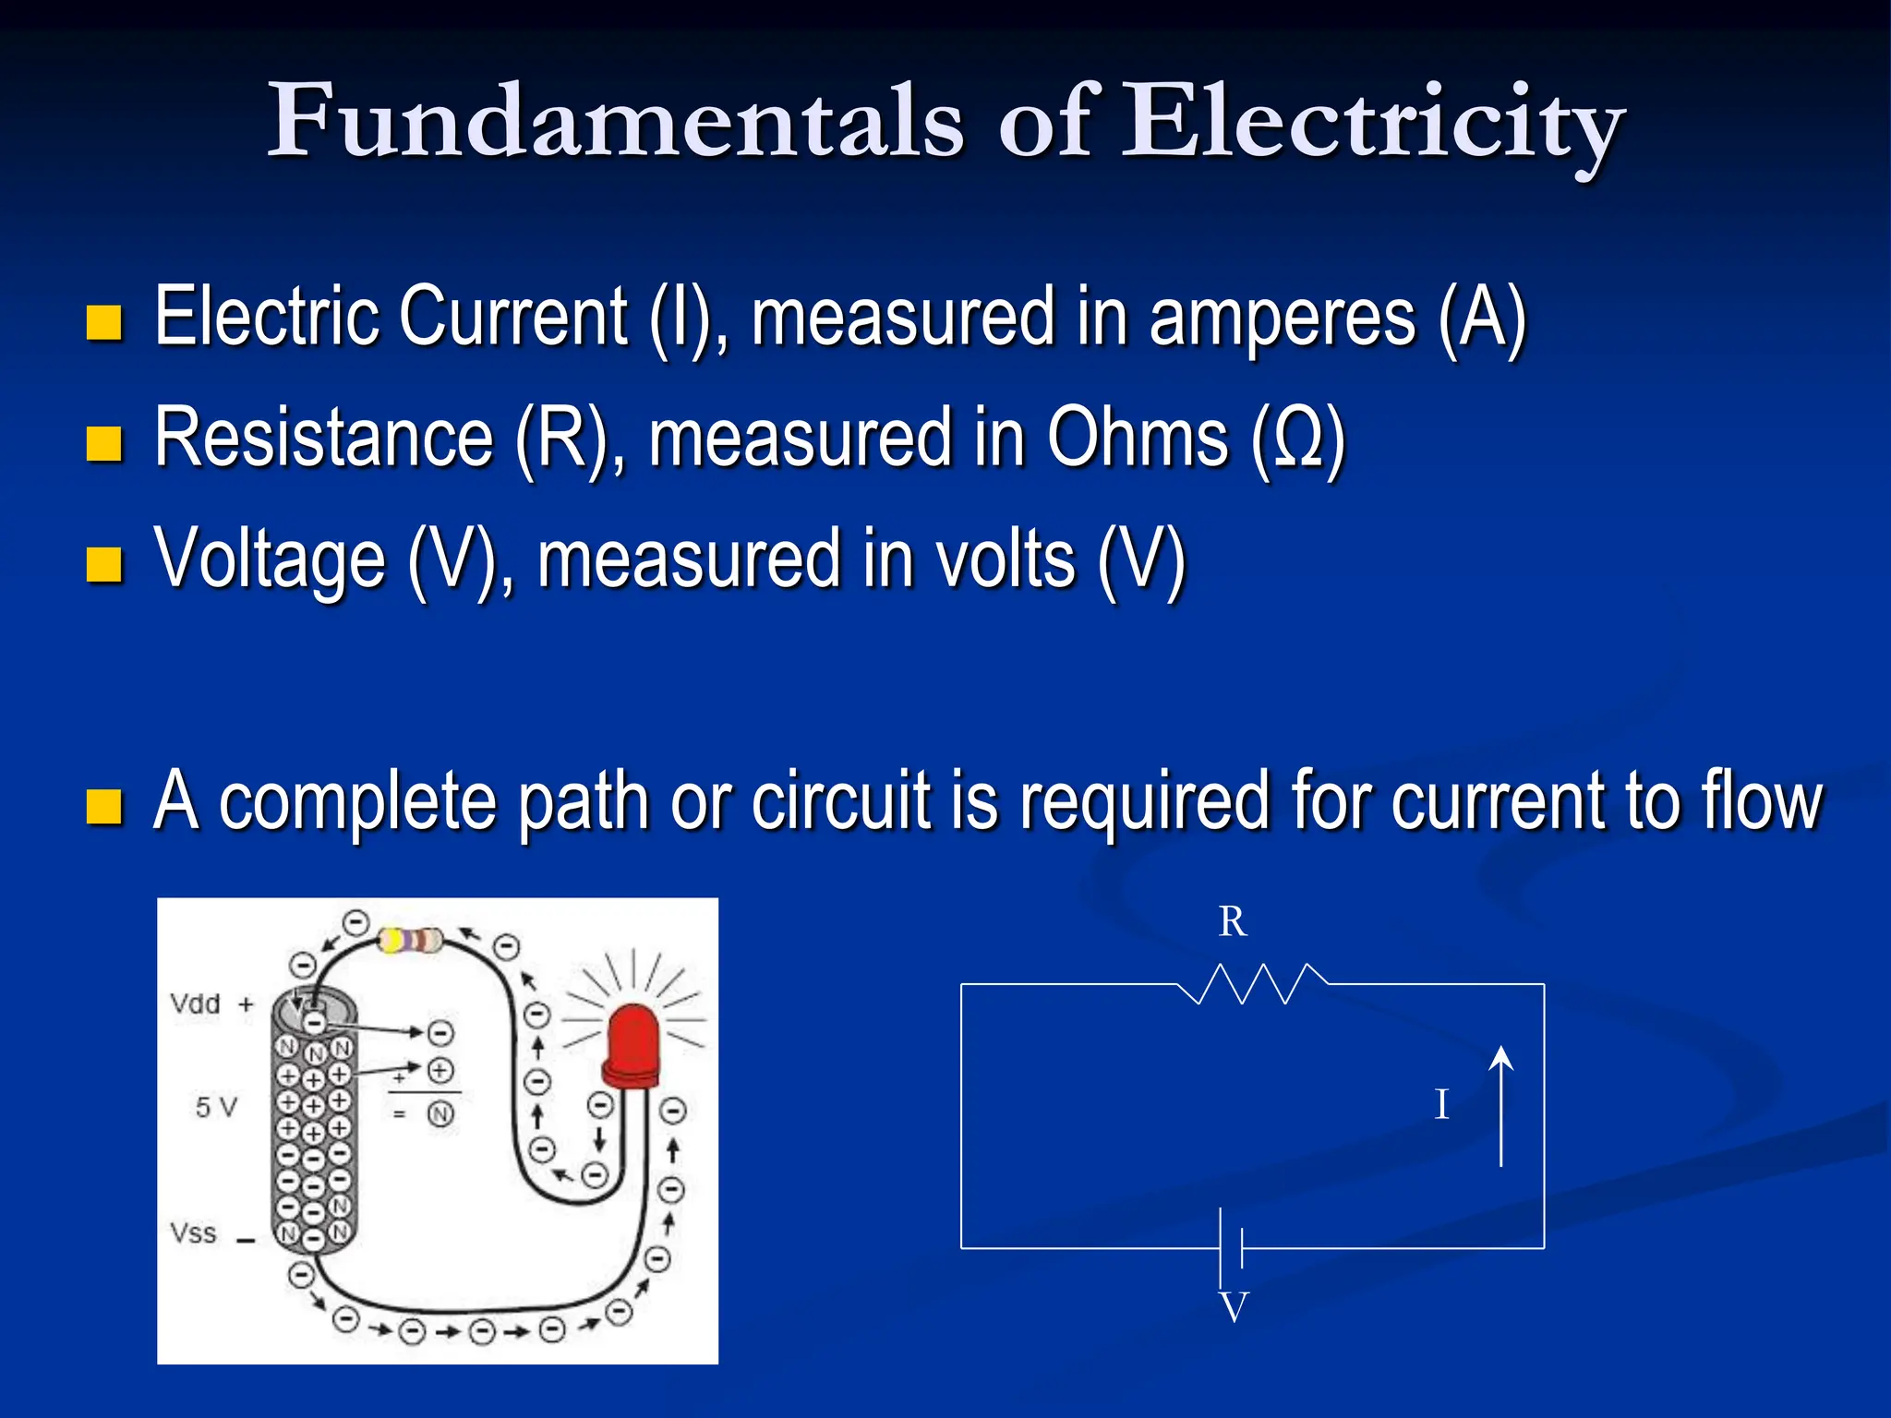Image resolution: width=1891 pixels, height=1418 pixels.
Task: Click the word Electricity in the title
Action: pos(1372,125)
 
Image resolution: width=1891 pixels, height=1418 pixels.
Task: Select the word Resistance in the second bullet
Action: pos(323,438)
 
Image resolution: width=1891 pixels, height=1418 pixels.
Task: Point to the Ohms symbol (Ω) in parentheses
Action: pos(1297,438)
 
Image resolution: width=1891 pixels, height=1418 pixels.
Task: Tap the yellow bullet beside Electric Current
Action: pos(104,323)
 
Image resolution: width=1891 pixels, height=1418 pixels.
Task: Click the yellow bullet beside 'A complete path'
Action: pos(104,806)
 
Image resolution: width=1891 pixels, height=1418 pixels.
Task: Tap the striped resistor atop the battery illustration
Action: pos(411,941)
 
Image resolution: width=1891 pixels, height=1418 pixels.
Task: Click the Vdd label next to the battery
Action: pos(196,1004)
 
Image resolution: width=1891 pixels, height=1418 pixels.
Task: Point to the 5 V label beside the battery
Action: pos(216,1107)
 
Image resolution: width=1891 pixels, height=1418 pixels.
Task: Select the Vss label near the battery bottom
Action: pos(194,1233)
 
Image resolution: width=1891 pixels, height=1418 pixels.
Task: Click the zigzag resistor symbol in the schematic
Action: pos(1253,984)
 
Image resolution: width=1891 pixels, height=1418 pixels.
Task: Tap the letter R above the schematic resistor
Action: pos(1233,921)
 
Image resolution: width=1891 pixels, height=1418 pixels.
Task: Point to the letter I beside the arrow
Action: pos(1441,1105)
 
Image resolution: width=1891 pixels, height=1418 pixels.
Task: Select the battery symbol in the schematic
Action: pos(1232,1248)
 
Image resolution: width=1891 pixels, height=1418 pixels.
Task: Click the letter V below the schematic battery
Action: pos(1234,1308)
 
